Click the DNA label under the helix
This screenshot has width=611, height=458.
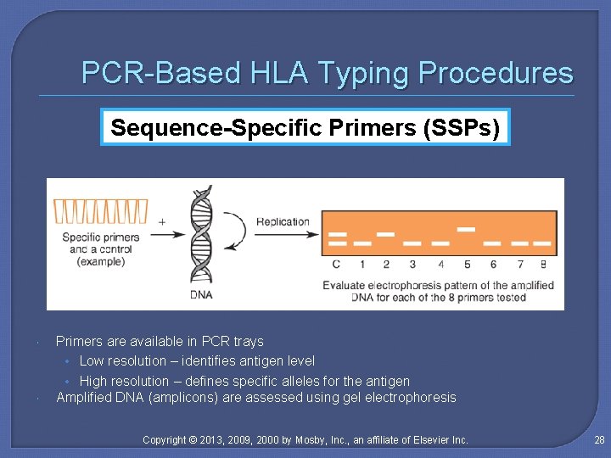[201, 295]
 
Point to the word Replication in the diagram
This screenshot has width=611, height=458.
[283, 222]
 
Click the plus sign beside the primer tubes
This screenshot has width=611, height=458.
[162, 221]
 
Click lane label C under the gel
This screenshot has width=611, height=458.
[337, 265]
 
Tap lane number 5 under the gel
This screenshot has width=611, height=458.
[467, 265]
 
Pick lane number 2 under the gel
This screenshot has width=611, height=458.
[386, 265]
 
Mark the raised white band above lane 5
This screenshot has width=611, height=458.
[466, 228]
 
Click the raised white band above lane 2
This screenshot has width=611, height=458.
[385, 232]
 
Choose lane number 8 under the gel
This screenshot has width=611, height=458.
[543, 265]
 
